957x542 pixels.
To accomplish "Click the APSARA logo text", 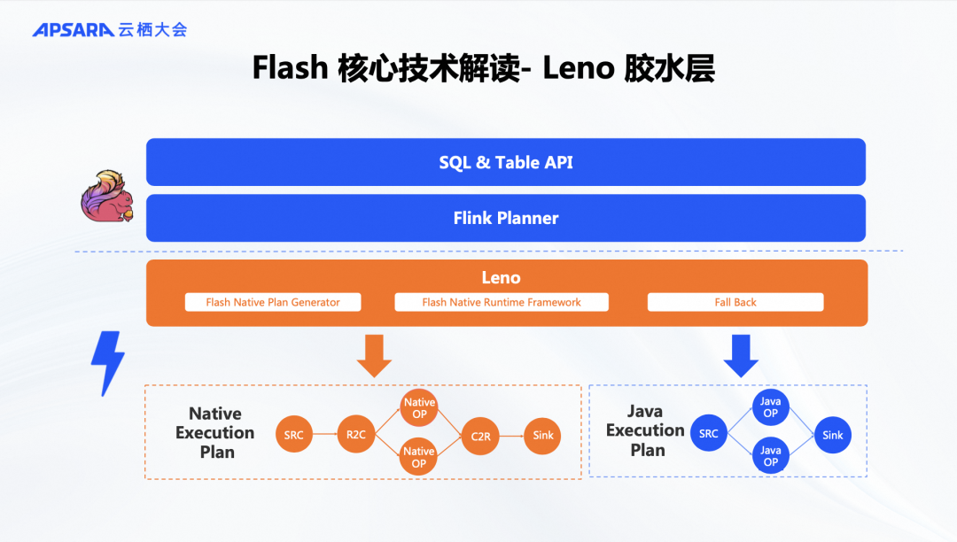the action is [x=74, y=29].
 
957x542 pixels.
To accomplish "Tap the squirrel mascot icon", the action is [x=107, y=196].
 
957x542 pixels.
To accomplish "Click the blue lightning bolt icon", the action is [x=108, y=363].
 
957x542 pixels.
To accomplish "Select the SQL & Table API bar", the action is [x=506, y=162].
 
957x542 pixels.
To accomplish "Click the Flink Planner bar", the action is [x=506, y=218].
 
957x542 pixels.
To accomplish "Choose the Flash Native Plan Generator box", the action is [x=273, y=302].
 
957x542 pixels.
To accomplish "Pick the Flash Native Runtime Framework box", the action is [x=502, y=302].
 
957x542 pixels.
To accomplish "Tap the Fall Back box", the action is [x=735, y=302].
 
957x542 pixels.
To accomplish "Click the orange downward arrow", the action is [x=374, y=356].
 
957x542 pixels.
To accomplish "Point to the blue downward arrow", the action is [x=741, y=356].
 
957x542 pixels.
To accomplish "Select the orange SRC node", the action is [x=293, y=435].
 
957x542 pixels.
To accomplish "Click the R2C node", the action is [x=356, y=435].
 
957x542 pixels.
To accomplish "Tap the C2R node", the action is [x=480, y=436].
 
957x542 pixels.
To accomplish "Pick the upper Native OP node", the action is [x=419, y=408].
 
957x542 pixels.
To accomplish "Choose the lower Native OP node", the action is [x=418, y=457].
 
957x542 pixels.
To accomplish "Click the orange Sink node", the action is [x=542, y=436].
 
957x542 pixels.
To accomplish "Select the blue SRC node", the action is [x=709, y=433].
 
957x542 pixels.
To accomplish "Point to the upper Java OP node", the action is [x=770, y=407].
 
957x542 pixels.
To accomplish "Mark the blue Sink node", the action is [x=832, y=436].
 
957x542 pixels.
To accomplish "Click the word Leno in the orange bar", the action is [x=501, y=278].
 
